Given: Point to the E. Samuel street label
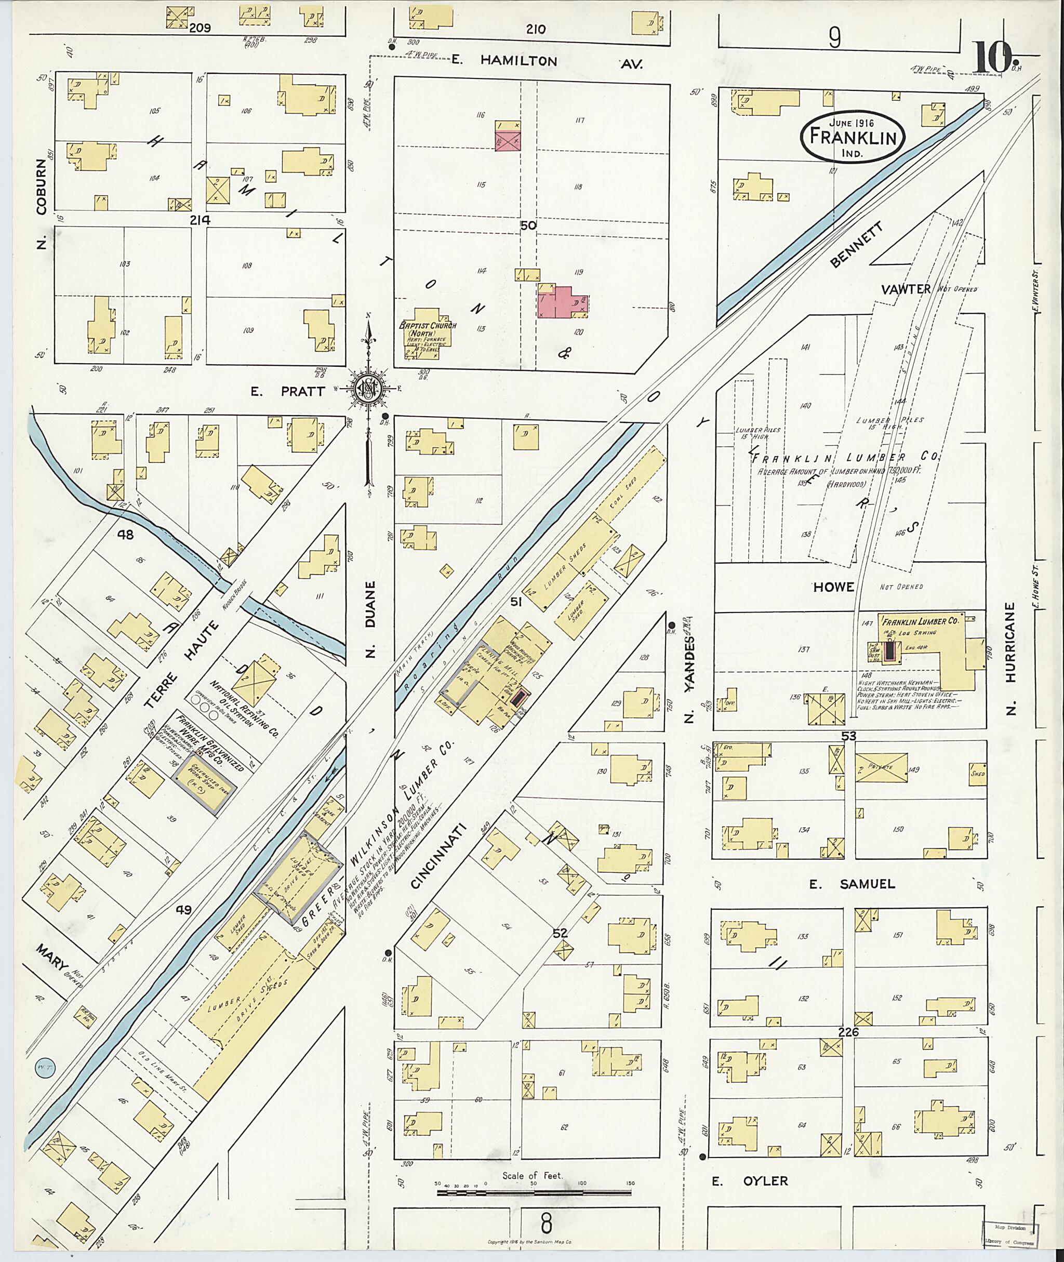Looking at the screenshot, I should (x=852, y=884).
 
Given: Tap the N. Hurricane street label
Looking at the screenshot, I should (x=1012, y=658).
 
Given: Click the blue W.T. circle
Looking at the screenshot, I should (x=43, y=1067).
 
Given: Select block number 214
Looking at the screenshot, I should (x=199, y=221).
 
